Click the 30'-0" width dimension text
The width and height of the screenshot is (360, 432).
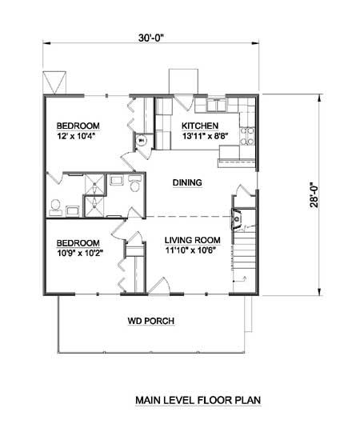(x=151, y=38)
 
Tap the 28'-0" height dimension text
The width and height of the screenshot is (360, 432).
(x=314, y=194)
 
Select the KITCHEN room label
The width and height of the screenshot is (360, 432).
(x=200, y=126)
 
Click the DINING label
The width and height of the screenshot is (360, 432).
(x=187, y=182)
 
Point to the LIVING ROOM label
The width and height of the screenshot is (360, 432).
(x=193, y=240)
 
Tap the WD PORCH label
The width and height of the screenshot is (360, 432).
(x=151, y=321)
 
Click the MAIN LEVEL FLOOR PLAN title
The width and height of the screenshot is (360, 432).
(x=198, y=400)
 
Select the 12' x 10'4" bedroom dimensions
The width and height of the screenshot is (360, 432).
(x=78, y=136)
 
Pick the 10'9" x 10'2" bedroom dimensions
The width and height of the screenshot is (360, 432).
(x=80, y=253)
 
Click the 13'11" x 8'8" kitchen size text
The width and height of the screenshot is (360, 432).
(x=206, y=136)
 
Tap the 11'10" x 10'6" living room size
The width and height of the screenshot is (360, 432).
(x=190, y=250)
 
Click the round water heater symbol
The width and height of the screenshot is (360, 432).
(x=142, y=141)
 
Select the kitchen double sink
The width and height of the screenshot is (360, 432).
(x=217, y=105)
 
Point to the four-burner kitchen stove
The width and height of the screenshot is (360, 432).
(x=247, y=136)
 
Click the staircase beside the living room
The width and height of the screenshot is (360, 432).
(x=245, y=250)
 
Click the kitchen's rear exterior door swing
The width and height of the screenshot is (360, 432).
(x=183, y=102)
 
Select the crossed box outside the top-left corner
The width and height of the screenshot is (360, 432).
(x=54, y=82)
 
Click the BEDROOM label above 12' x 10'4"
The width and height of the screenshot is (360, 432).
(x=78, y=126)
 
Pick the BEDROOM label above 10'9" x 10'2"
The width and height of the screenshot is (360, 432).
(x=78, y=243)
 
